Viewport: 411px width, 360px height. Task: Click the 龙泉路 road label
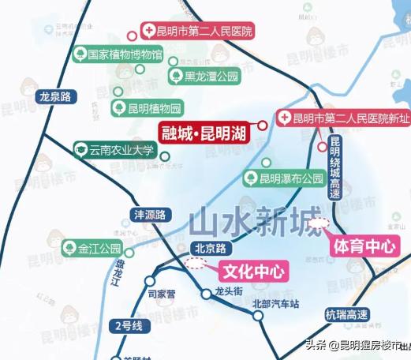click(x=54, y=97)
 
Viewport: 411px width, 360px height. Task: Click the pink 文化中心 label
click(x=252, y=271)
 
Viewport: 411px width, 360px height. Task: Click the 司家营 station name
click(x=163, y=295)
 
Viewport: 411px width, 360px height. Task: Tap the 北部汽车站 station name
click(x=276, y=303)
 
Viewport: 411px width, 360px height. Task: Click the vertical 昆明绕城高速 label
click(x=334, y=169)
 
